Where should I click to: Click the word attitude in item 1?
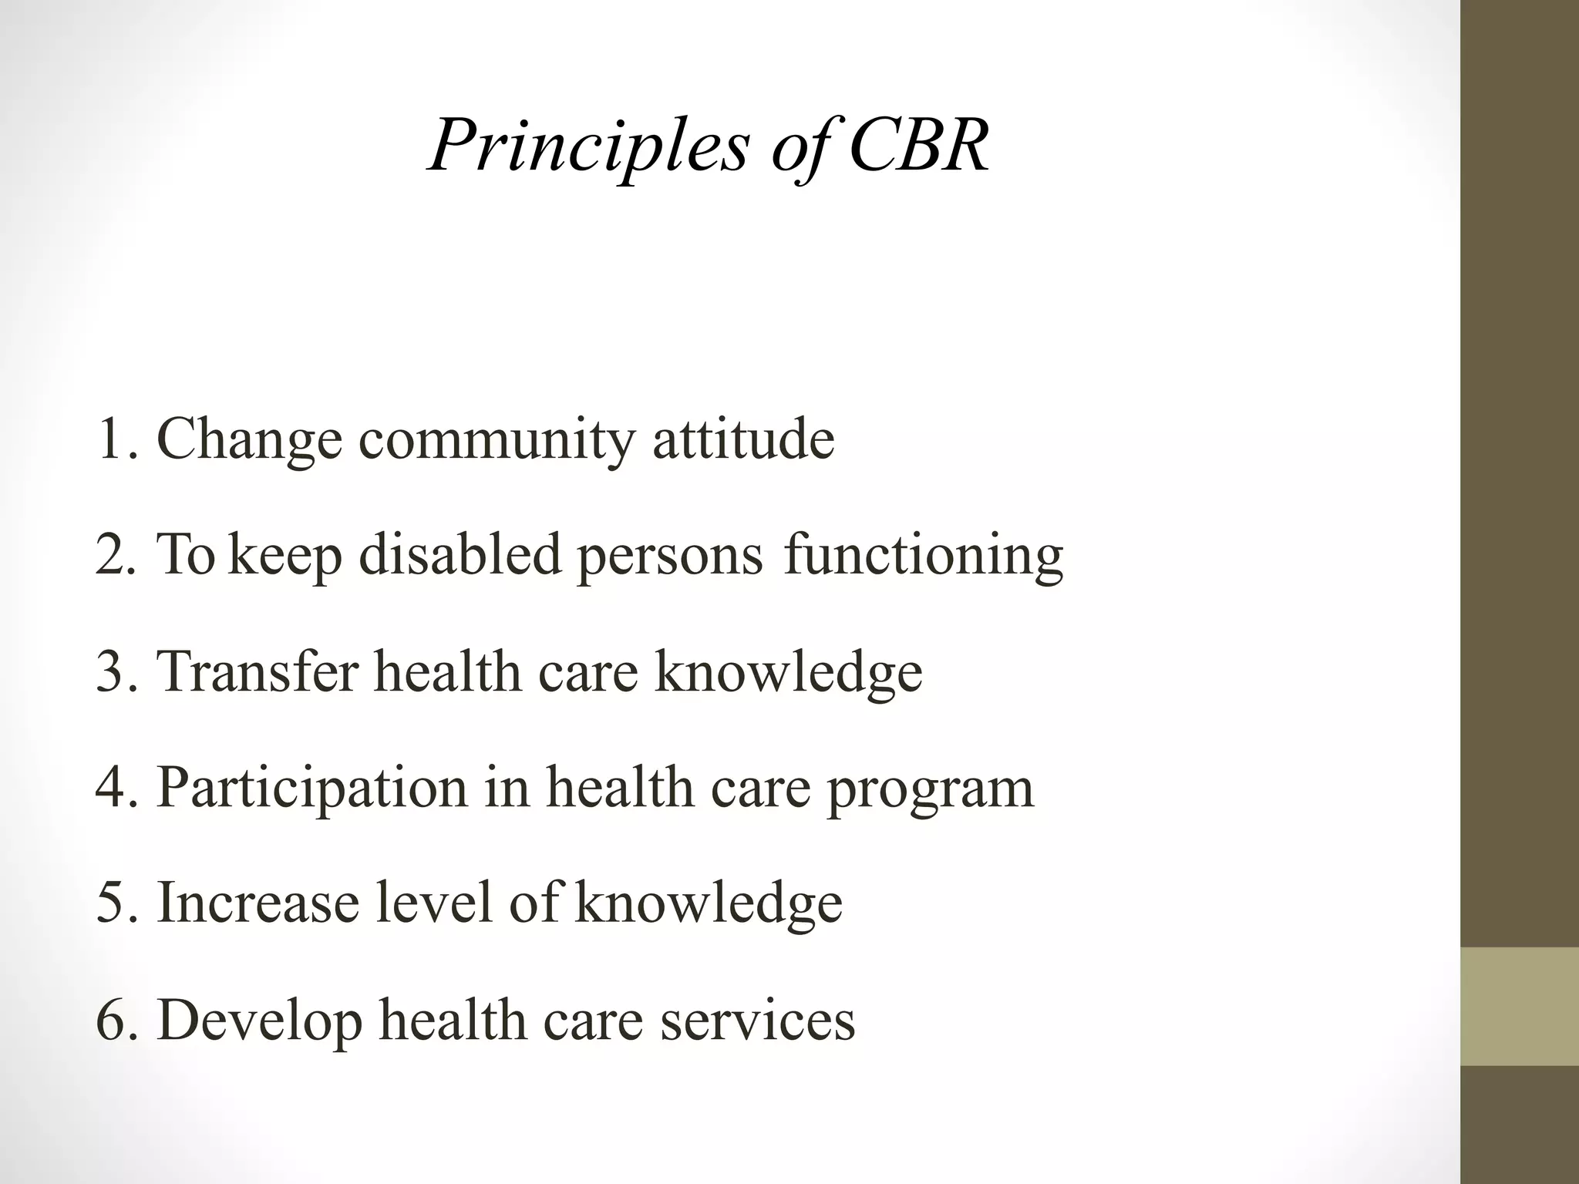click(x=743, y=439)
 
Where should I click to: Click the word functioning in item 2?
click(x=924, y=557)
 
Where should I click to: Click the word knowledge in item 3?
click(x=788, y=672)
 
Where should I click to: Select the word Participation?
click(x=312, y=789)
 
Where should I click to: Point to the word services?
click(x=757, y=1020)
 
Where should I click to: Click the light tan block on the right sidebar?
click(x=1519, y=1006)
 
